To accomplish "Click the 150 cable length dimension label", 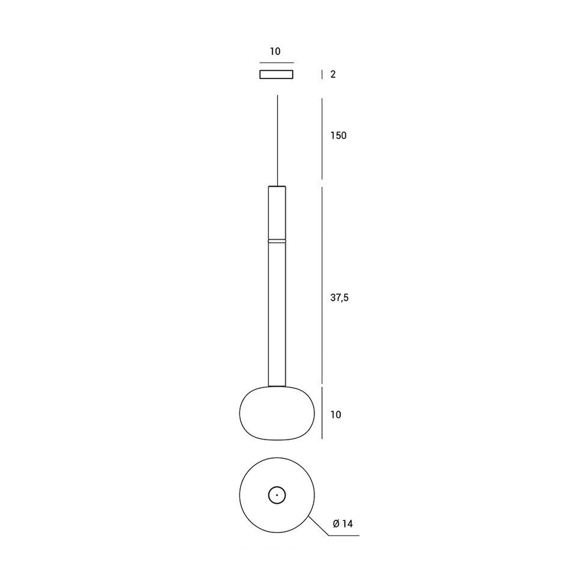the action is point(338,136).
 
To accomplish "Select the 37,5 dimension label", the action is point(339,298).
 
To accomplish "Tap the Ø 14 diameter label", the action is point(343,524).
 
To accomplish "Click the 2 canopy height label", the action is point(333,74).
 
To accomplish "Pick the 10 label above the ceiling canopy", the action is point(275,51).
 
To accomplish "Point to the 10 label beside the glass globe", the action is point(335,414).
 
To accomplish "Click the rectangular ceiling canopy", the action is point(277,74).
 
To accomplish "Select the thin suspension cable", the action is point(278,140).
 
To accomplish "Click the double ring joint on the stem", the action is point(277,241).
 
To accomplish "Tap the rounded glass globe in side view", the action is point(277,413).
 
